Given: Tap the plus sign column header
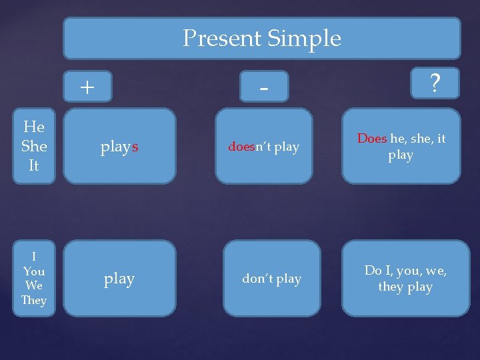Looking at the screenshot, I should [87, 87].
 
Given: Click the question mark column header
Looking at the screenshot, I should [435, 84].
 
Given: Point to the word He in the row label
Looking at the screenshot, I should [34, 127].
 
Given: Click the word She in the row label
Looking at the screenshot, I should [34, 145].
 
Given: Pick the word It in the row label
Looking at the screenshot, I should [34, 165].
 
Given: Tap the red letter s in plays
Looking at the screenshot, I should [135, 147].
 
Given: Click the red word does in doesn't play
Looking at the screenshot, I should [241, 147].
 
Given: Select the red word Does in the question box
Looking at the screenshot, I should [372, 139].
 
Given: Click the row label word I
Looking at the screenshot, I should [34, 257].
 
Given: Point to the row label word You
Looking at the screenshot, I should [34, 271].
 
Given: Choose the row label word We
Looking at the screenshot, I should [34, 285].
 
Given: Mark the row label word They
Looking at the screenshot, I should [34, 300].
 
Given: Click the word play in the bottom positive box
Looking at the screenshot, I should [119, 279].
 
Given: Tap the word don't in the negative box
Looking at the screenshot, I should [257, 279].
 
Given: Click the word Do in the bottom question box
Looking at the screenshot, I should [373, 271].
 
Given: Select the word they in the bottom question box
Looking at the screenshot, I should [391, 287].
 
